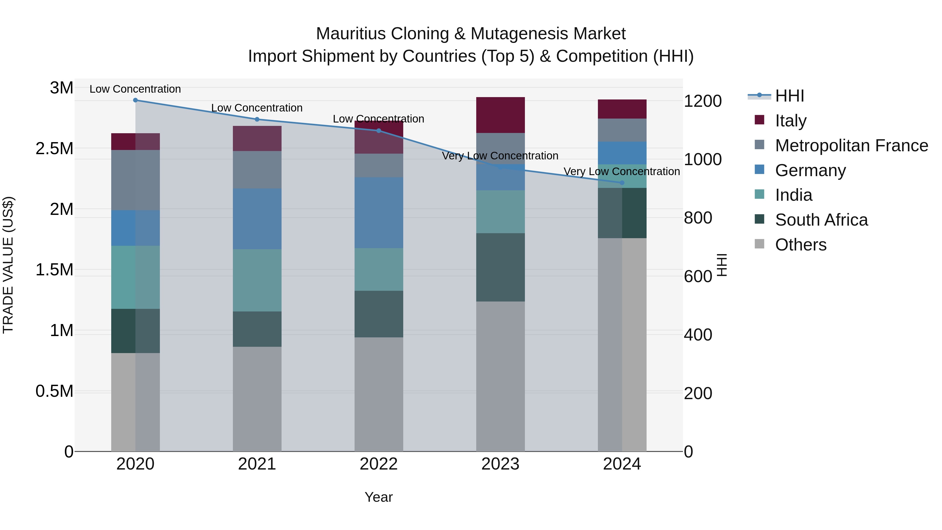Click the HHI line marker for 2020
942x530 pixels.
tap(135, 100)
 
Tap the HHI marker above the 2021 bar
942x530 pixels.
tap(257, 119)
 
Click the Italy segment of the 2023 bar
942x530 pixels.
tap(500, 115)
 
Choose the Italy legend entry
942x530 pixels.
tap(790, 120)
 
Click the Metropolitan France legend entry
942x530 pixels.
tap(851, 146)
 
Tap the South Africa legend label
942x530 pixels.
tap(821, 220)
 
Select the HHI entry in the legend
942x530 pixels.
tap(789, 96)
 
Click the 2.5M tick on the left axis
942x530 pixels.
tap(54, 148)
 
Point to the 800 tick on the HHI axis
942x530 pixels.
tap(698, 218)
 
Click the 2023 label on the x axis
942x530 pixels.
tap(500, 464)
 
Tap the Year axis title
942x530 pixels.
tap(378, 497)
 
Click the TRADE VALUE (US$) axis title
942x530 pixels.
tap(8, 265)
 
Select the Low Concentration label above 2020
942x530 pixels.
tap(135, 89)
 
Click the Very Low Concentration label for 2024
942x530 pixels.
tap(622, 171)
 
